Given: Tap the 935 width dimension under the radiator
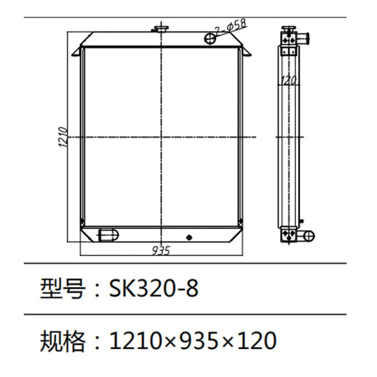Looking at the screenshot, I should pyautogui.click(x=161, y=249).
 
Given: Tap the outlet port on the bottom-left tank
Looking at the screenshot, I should pyautogui.click(x=107, y=234).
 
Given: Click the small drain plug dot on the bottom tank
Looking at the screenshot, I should pyautogui.click(x=189, y=237).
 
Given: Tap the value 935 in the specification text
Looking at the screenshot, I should pyautogui.click(x=197, y=341).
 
